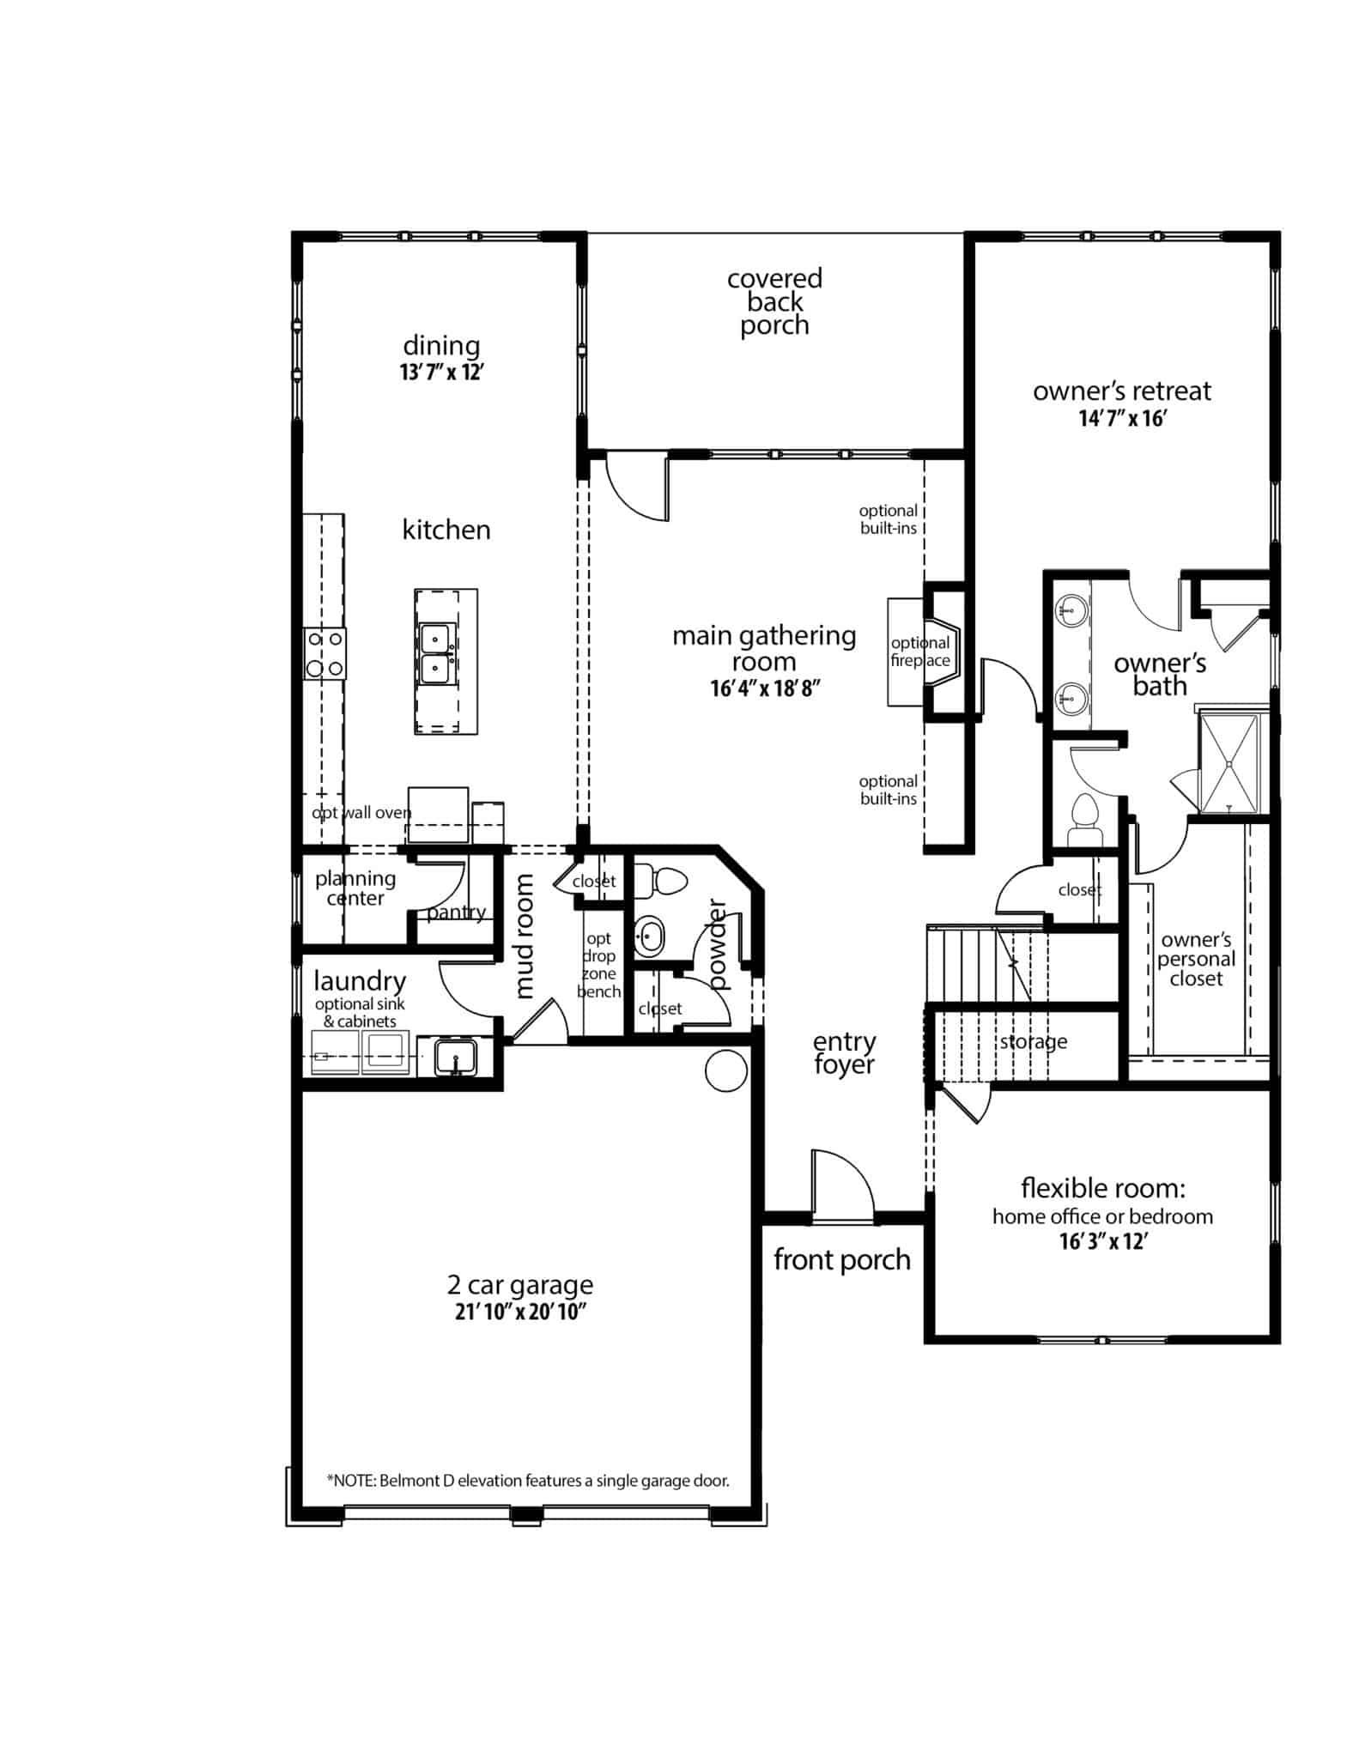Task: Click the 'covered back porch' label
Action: [x=774, y=302]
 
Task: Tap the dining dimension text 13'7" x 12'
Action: [x=442, y=373]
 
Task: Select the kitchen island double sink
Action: [x=439, y=653]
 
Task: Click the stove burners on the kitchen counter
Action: [x=325, y=654]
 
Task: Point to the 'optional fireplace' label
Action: [x=920, y=652]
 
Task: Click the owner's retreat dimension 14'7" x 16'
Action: [x=1122, y=419]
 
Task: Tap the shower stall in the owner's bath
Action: [x=1232, y=762]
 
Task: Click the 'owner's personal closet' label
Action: [x=1196, y=959]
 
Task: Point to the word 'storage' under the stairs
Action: [x=1034, y=1042]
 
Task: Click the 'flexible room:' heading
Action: [x=1103, y=1189]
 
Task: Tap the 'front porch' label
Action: [x=841, y=1260]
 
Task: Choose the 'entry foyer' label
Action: [x=844, y=1053]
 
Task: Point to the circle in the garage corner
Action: [x=726, y=1070]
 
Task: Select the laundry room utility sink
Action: [x=455, y=1056]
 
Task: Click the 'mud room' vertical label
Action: [x=524, y=936]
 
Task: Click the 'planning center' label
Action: [x=355, y=888]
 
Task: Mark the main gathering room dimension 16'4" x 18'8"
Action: [x=761, y=688]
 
